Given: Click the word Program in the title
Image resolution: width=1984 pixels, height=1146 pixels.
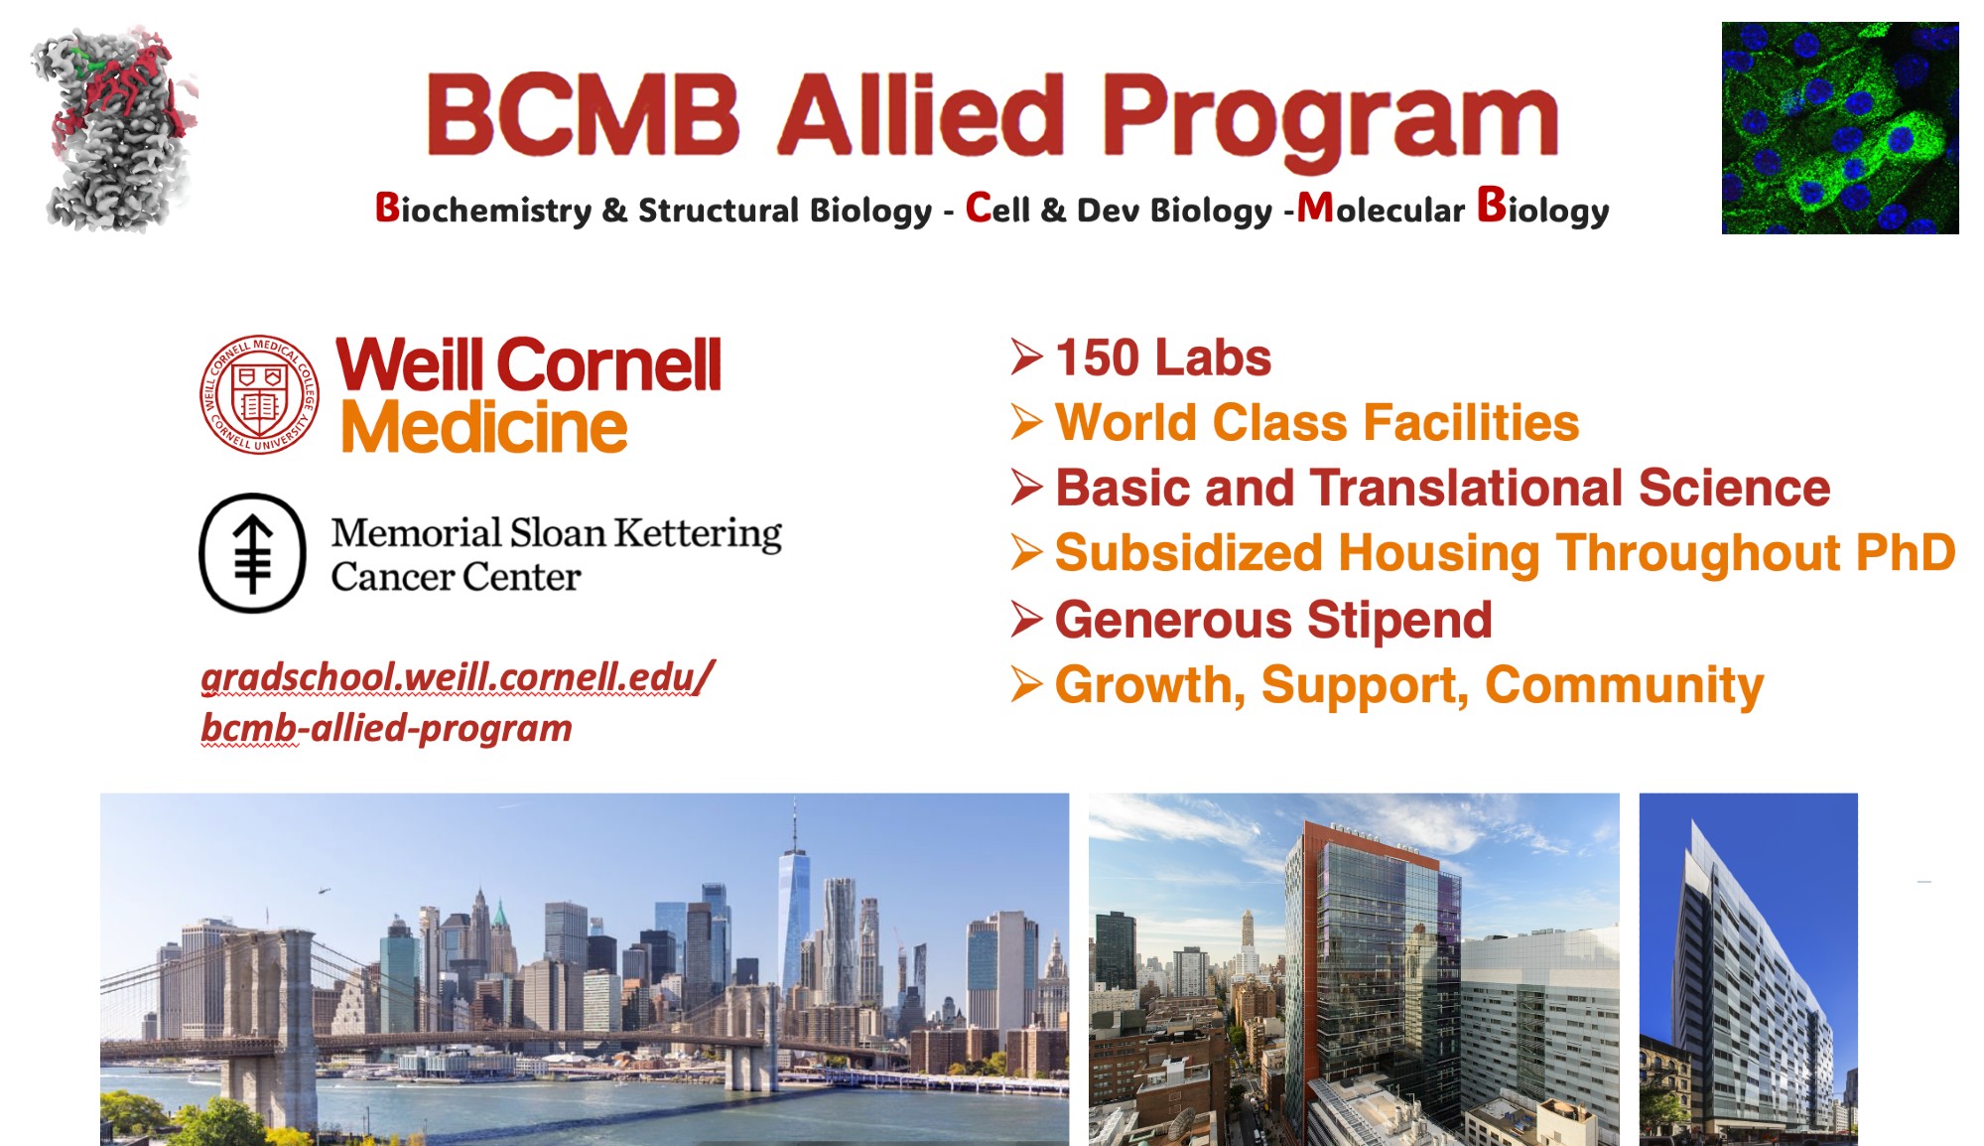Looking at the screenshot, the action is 1330,122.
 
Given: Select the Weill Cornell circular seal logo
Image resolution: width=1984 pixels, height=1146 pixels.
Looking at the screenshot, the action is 259,393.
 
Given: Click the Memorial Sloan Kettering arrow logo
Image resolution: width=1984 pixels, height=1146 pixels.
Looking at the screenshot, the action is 253,553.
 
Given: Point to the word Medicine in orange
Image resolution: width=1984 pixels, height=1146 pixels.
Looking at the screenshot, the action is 483,428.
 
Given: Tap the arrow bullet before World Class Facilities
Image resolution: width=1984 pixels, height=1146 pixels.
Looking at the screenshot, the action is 1027,422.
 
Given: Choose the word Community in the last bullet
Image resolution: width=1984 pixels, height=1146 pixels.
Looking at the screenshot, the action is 1625,686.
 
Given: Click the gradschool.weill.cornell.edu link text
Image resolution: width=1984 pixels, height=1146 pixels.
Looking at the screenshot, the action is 458,677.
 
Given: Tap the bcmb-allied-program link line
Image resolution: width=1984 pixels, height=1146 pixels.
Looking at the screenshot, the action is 386,728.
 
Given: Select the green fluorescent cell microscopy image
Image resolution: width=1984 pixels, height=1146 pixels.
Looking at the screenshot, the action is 1840,128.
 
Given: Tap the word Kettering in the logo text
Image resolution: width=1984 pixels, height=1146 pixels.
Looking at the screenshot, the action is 698,534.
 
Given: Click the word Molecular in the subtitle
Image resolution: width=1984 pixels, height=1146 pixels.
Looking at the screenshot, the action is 1381,209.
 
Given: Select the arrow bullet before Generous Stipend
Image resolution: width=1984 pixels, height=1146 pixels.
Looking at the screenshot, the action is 1027,620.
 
